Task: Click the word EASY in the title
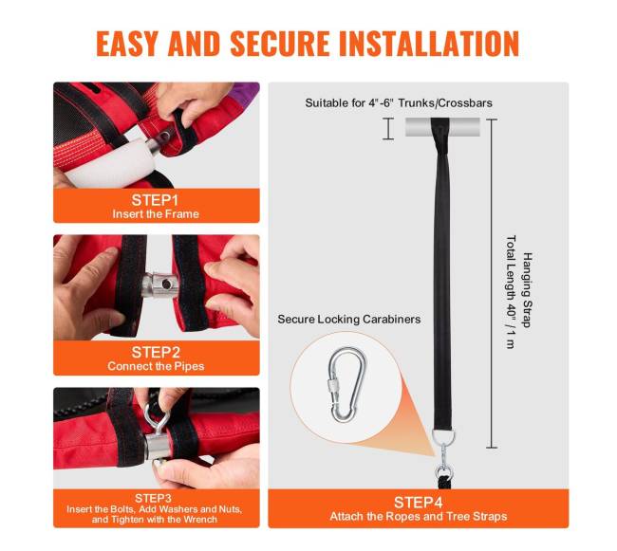point(126,43)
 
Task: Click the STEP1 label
point(155,200)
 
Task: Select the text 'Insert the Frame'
point(156,214)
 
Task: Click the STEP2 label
point(156,352)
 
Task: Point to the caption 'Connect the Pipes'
point(156,366)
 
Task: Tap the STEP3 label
point(153,498)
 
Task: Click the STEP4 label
point(419,503)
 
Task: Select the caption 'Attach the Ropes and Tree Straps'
point(419,516)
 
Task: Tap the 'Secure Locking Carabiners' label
point(349,319)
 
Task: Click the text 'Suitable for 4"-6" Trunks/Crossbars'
point(399,103)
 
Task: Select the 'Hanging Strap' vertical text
point(527,290)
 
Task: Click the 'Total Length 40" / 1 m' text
point(511,292)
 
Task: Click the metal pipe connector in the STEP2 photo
point(159,285)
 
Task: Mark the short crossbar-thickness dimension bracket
point(388,129)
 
